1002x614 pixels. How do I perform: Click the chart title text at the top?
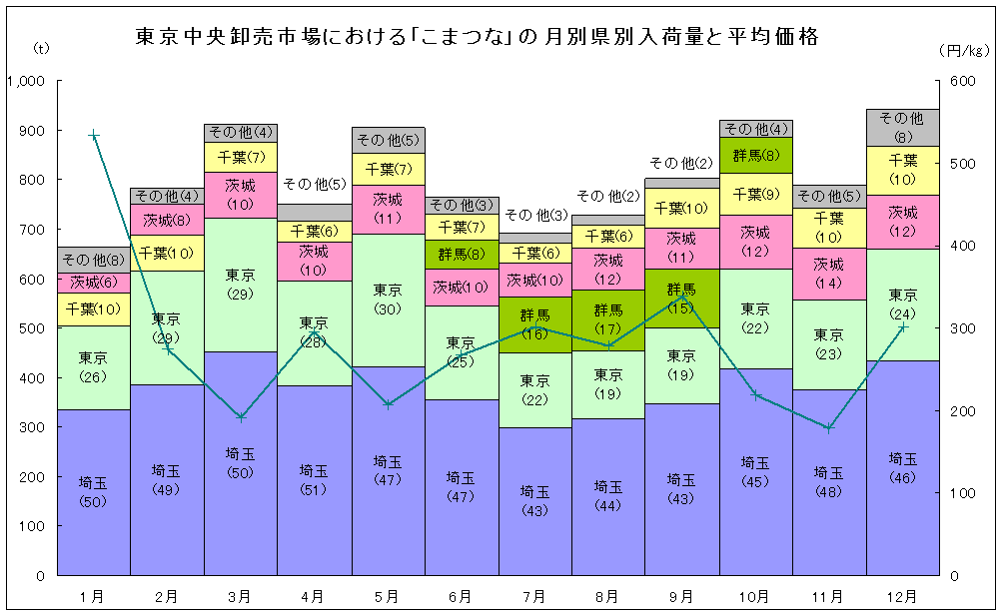coord(478,38)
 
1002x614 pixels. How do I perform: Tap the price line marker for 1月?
coord(94,135)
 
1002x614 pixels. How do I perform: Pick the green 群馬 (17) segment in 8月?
coord(608,317)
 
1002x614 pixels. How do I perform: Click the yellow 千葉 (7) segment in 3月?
coord(241,157)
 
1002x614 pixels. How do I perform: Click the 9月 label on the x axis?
coord(681,596)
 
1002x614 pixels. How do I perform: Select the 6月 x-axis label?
coord(462,596)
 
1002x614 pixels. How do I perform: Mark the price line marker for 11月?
coord(829,427)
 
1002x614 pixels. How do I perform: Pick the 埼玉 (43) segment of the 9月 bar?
coord(681,489)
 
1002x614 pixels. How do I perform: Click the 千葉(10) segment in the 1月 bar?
coord(94,308)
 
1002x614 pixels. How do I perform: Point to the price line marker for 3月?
coord(241,417)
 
